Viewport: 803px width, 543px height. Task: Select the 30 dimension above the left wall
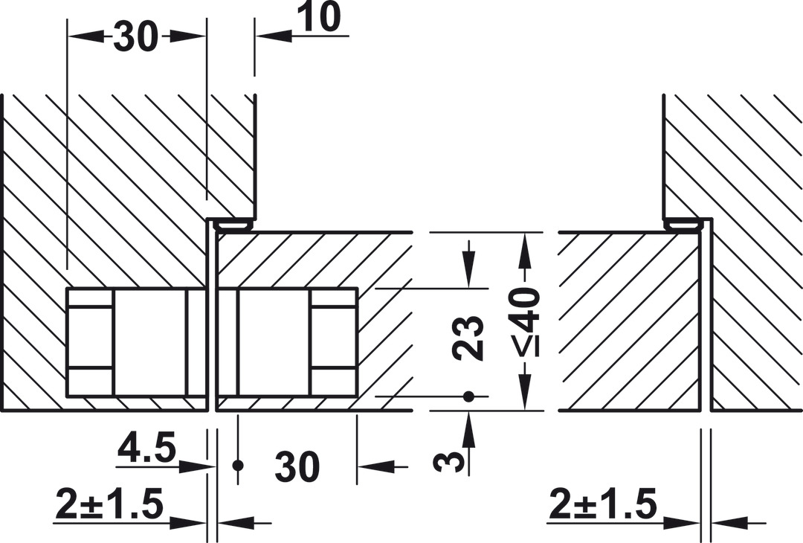[x=135, y=36]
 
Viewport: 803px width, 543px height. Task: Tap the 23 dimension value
[x=468, y=338]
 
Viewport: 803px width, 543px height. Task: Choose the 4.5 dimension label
[x=147, y=449]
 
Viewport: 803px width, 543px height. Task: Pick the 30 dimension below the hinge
[x=297, y=466]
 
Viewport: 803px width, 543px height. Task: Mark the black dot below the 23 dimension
[x=468, y=396]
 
